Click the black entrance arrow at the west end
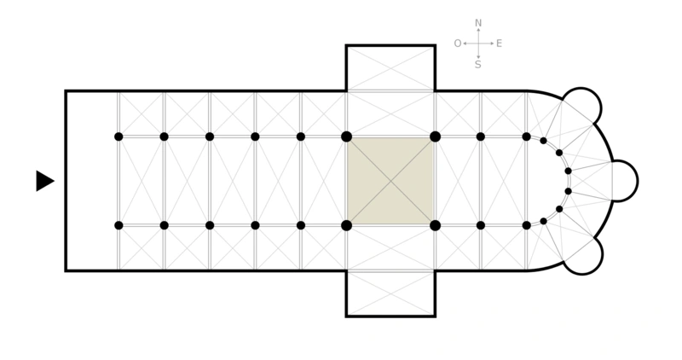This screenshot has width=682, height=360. click(x=44, y=181)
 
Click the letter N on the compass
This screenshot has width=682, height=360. click(x=478, y=23)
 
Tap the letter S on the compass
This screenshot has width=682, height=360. click(x=478, y=64)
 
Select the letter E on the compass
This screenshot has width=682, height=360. click(x=499, y=44)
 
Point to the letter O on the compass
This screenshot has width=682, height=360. click(x=458, y=44)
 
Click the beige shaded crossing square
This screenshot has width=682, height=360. click(x=390, y=181)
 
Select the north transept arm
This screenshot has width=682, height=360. click(x=390, y=68)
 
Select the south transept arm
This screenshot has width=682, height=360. click(x=390, y=293)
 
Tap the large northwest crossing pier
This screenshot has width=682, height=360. click(x=346, y=136)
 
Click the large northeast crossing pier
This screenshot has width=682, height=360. click(x=435, y=136)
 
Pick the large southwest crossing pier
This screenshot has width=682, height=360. click(x=346, y=225)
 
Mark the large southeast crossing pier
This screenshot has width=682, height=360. click(x=435, y=225)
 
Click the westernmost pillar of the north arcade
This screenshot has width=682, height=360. click(x=118, y=136)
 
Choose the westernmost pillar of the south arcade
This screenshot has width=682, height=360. click(x=118, y=225)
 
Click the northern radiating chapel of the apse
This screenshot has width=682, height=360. click(x=582, y=107)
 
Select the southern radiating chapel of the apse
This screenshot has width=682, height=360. click(x=583, y=255)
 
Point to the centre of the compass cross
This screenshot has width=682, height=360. click(x=478, y=43)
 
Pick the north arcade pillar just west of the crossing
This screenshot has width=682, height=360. click(x=301, y=136)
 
